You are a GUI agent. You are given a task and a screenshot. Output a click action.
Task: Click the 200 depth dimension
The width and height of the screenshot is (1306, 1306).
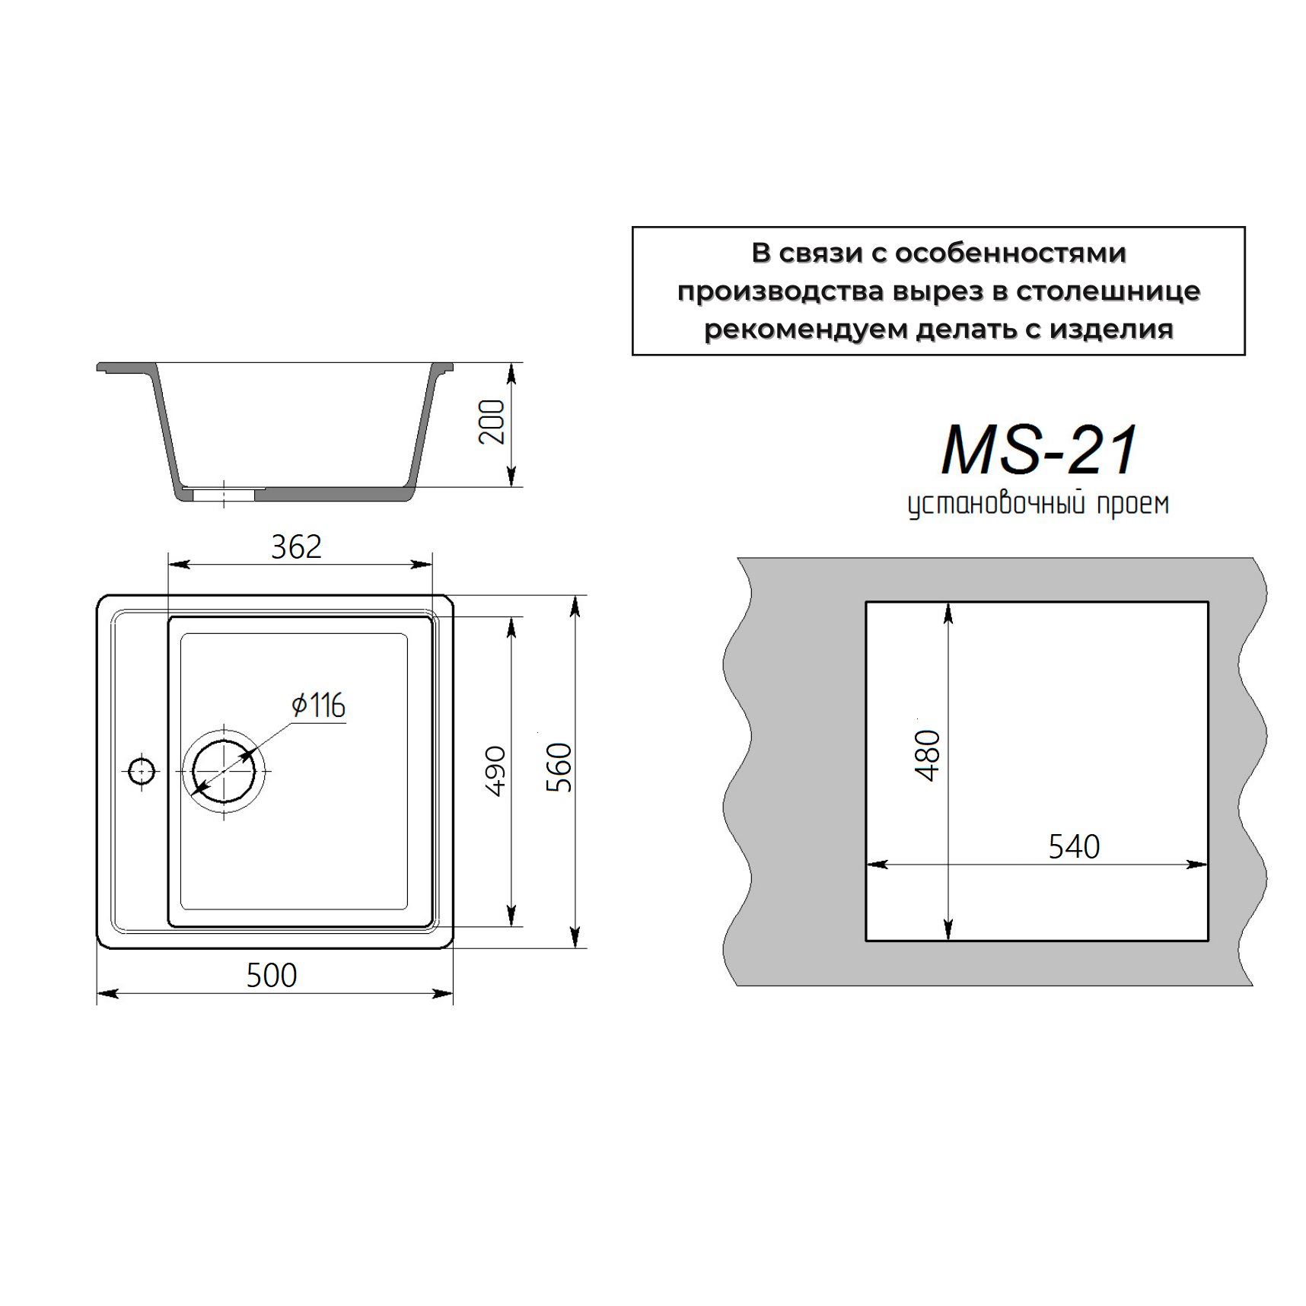point(492,422)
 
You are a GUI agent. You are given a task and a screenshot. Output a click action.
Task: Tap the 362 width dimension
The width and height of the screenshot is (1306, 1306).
point(296,546)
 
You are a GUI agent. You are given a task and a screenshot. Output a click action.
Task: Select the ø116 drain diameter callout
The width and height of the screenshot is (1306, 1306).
point(319,705)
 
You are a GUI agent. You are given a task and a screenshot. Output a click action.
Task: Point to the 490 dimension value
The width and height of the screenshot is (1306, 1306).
point(495,771)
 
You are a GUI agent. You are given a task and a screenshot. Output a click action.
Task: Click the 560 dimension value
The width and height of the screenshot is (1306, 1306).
point(559,767)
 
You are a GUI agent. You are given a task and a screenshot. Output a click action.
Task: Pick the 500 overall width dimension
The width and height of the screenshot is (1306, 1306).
point(272,975)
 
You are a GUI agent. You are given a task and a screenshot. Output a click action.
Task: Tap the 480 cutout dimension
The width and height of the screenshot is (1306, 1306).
point(927,756)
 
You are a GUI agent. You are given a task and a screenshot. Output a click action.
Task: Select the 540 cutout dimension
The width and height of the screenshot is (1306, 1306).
point(1074,846)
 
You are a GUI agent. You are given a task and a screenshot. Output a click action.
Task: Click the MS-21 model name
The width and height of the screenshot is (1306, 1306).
point(1039,449)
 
